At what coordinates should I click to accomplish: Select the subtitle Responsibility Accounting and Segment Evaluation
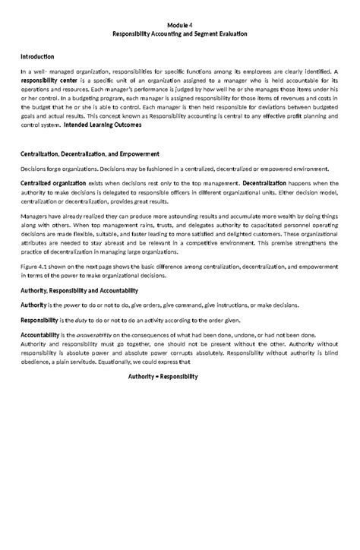point(180,34)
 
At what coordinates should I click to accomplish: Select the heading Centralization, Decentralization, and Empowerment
point(90,153)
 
